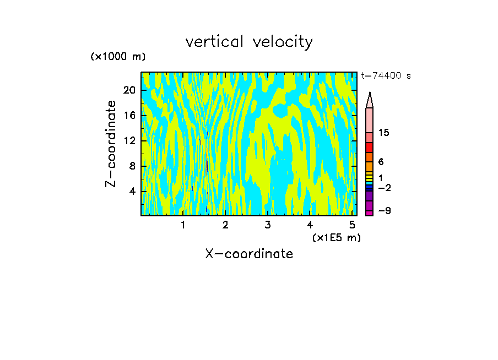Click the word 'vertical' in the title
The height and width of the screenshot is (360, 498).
(x=215, y=42)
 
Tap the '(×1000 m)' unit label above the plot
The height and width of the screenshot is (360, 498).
(x=118, y=57)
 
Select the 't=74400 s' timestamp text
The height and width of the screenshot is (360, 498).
(x=386, y=76)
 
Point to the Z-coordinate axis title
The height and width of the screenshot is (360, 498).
(x=111, y=144)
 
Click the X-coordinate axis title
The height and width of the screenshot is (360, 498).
(x=249, y=254)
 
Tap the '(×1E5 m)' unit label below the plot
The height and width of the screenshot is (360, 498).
(x=336, y=238)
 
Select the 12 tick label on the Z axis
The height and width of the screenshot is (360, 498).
(x=129, y=140)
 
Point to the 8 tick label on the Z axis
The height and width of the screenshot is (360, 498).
(x=132, y=166)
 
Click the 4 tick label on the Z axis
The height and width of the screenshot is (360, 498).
(x=132, y=191)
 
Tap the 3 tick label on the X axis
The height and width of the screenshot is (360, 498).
(x=267, y=225)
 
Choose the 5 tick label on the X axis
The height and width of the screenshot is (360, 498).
(x=352, y=225)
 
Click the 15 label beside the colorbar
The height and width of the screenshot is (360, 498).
(x=384, y=133)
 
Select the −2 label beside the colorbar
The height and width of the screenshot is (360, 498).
(x=384, y=188)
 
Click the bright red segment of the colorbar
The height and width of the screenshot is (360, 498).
(x=370, y=147)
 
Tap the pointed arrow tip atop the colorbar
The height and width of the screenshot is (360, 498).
(x=370, y=99)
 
